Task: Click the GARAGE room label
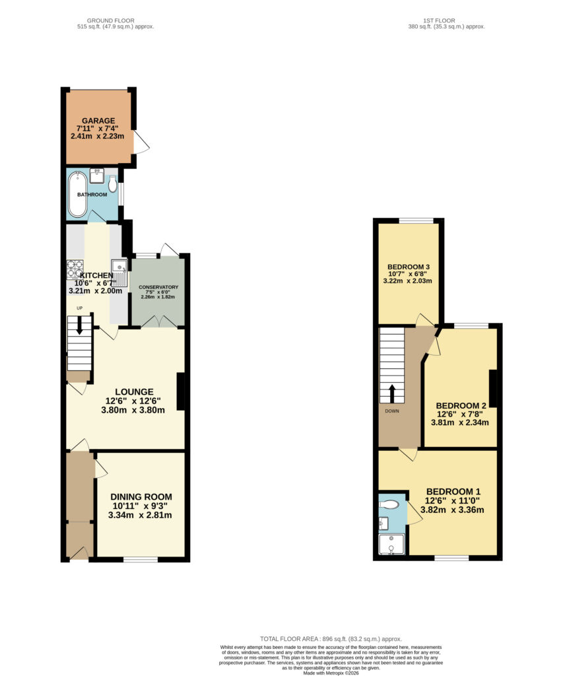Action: [x=98, y=121]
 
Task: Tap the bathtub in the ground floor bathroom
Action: [x=78, y=194]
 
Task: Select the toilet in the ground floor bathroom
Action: [x=113, y=186]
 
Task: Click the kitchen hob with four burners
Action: [x=75, y=269]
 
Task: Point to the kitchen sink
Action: [x=119, y=273]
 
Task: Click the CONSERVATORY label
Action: [x=158, y=287]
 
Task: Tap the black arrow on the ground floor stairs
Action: [x=80, y=325]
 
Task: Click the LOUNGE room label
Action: [x=134, y=392]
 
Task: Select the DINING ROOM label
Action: [x=141, y=496]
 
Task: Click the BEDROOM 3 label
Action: [x=409, y=267]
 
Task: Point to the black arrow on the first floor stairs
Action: [x=392, y=393]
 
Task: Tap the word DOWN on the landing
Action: [x=392, y=411]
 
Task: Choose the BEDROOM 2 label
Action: [x=461, y=406]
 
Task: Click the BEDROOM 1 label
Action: [x=453, y=491]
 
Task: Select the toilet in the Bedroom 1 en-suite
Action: [x=389, y=504]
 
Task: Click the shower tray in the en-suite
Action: [x=391, y=544]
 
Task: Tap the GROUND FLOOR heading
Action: [x=111, y=20]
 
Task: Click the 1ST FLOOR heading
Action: [x=439, y=20]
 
